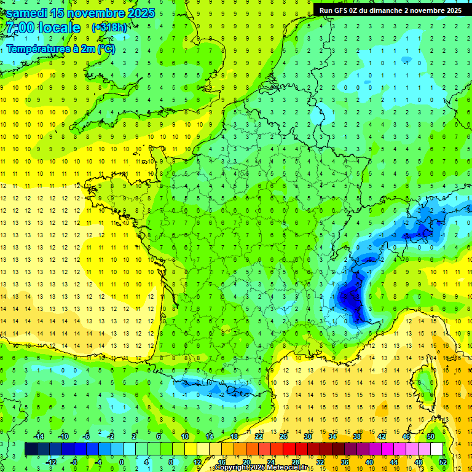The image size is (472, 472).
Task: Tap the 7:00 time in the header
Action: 18,28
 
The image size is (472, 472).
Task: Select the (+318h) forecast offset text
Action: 109,28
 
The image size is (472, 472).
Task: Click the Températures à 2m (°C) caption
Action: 60,49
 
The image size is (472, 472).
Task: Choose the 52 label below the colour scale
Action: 443,462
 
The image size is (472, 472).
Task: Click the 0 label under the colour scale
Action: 122,462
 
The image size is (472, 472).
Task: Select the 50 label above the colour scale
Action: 431,436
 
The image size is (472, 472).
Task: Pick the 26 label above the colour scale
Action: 283,436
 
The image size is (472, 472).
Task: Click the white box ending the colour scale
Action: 437,449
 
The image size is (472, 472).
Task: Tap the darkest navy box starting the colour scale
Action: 31,449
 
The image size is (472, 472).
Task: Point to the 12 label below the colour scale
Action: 197,462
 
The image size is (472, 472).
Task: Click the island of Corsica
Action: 422,387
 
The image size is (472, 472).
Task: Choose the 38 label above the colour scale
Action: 357,436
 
